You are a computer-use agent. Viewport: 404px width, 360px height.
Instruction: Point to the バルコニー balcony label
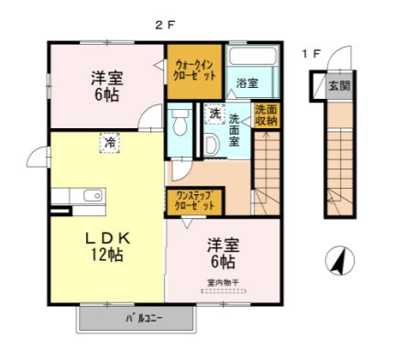pos(140,319)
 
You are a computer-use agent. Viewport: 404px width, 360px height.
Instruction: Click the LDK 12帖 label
pos(105,246)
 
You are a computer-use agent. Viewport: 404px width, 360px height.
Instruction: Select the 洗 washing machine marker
pos(213,115)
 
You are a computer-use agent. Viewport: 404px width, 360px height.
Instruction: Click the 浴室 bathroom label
pos(246,83)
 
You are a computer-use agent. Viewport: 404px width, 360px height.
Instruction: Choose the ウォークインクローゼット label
pos(194,71)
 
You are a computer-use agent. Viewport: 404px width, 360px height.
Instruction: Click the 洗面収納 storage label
pos(266,115)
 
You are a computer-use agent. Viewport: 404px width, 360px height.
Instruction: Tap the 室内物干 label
pos(224,281)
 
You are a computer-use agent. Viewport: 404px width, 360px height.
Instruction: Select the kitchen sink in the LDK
pos(92,195)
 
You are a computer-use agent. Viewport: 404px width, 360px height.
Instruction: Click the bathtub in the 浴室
pos(250,57)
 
